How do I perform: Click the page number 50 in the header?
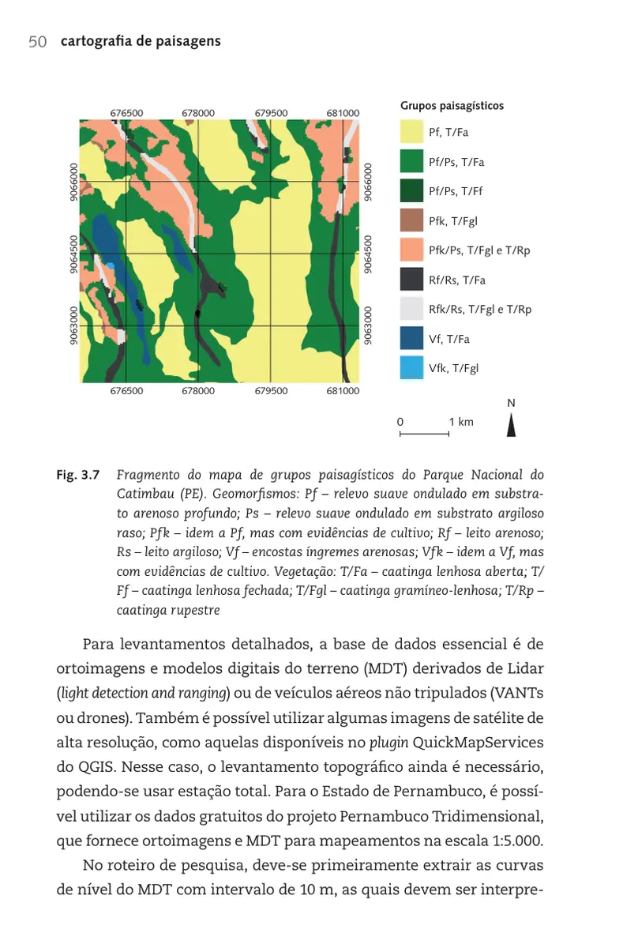click(x=37, y=42)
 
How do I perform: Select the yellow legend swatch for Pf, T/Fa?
click(x=411, y=132)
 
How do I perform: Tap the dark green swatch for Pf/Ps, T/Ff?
click(x=411, y=191)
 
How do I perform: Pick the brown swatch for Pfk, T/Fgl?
click(x=411, y=221)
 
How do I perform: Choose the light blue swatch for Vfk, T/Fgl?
click(x=411, y=368)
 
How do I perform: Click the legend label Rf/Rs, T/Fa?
click(x=456, y=280)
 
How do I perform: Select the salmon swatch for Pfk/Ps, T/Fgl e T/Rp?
click(x=411, y=250)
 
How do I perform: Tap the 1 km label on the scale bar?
click(x=461, y=422)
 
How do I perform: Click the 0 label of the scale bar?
click(x=400, y=422)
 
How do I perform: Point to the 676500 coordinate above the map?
click(x=126, y=113)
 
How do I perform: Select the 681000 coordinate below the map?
click(x=343, y=390)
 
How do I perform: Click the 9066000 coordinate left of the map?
click(x=73, y=182)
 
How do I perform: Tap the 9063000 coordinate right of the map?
click(x=367, y=325)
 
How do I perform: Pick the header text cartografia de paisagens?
click(x=141, y=42)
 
